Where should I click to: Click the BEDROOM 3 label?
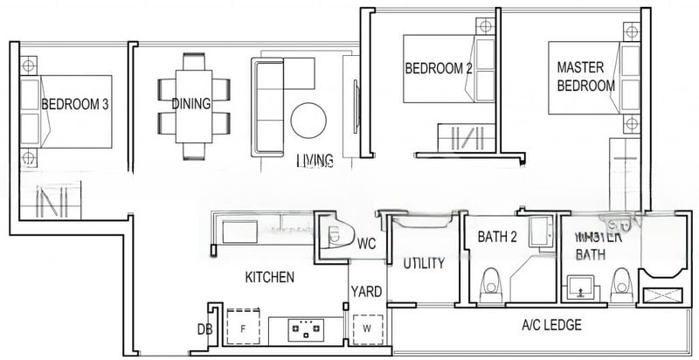point(75,104)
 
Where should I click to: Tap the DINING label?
point(190,104)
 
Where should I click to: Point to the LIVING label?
point(315,160)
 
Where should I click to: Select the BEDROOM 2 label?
point(438,68)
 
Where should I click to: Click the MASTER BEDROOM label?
point(585,76)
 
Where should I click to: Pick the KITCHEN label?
point(269,277)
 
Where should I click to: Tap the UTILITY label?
point(424,263)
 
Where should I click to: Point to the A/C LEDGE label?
point(551,325)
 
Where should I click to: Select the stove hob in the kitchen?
point(307,330)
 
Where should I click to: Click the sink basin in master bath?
point(581,286)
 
